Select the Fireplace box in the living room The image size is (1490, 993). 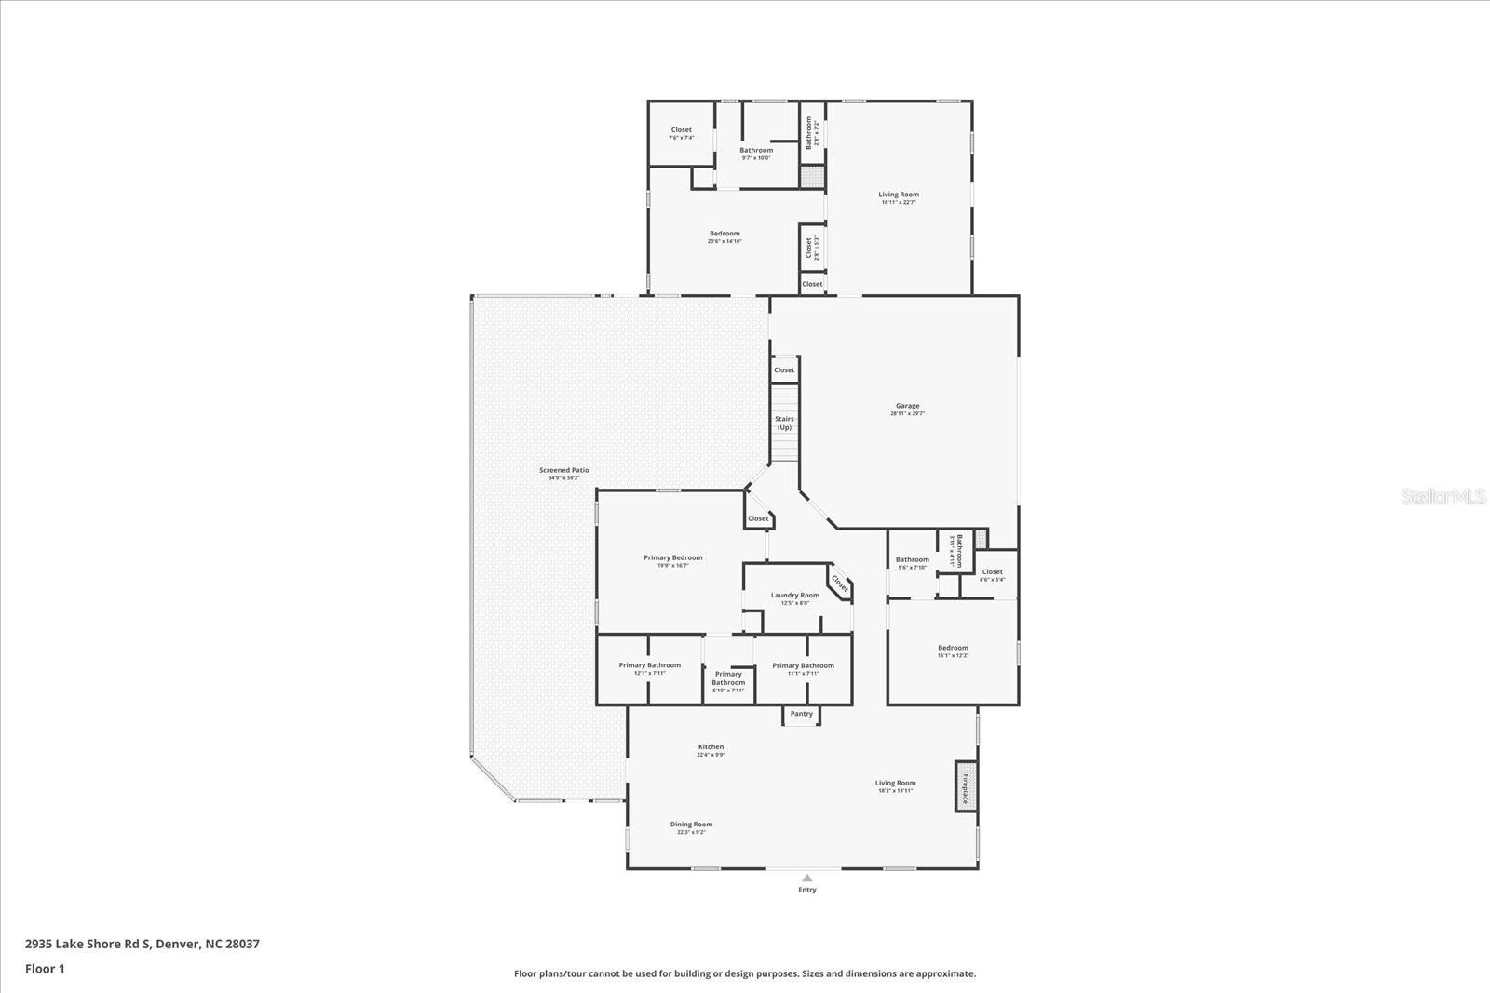(x=966, y=786)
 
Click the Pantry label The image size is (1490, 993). (x=801, y=714)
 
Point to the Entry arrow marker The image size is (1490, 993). (x=807, y=878)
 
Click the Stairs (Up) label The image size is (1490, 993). (x=784, y=423)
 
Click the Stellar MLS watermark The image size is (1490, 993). (x=1443, y=497)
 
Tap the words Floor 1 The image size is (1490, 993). (x=45, y=969)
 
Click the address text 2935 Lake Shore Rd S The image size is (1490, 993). (x=88, y=944)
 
